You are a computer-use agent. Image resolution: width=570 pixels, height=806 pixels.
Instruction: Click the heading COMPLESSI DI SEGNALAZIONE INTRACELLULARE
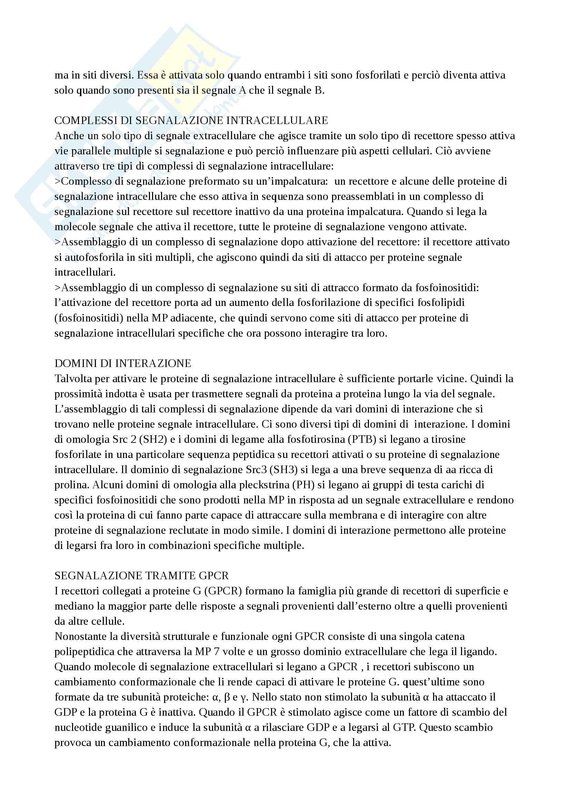point(191,120)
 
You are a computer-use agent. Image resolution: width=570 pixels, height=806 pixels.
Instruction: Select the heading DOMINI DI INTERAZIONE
point(122,363)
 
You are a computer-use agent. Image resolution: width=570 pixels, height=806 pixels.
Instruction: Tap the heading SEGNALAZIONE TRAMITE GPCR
point(141,576)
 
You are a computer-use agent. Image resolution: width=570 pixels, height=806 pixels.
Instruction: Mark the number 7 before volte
point(216,652)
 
